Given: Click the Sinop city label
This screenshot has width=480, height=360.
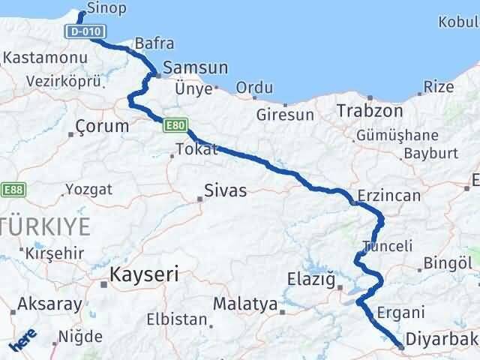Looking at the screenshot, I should click(x=106, y=8).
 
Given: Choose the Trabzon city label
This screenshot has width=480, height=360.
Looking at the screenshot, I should click(x=370, y=110).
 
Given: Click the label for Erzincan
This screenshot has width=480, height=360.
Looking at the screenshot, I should click(x=388, y=194).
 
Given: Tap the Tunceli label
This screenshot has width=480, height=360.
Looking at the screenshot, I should click(x=387, y=245).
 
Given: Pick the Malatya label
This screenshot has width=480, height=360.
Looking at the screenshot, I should click(x=244, y=304).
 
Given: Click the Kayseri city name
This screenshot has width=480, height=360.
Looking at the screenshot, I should click(x=144, y=274).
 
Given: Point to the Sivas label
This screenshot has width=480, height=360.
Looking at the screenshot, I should click(x=225, y=190).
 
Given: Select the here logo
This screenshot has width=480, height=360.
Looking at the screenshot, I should click(x=21, y=342).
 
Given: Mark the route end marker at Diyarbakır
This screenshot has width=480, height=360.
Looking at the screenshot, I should click(x=401, y=347).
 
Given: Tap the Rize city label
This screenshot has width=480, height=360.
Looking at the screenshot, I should click(x=438, y=87).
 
